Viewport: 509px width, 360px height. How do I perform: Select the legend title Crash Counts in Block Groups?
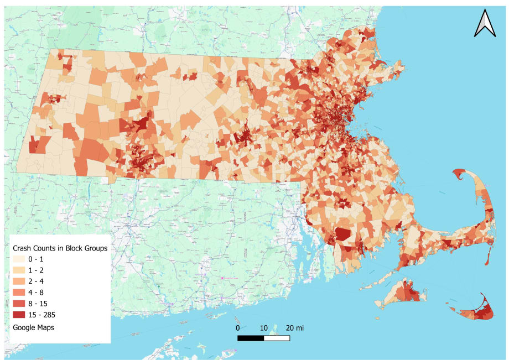click(x=59, y=248)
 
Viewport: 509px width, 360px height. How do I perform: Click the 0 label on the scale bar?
click(x=238, y=328)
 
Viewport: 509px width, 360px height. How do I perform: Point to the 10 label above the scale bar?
click(x=264, y=328)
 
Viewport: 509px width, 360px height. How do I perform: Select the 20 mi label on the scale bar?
click(x=294, y=328)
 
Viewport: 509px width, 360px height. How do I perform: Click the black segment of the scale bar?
click(x=251, y=337)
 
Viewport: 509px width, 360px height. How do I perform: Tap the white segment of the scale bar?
click(x=277, y=337)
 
